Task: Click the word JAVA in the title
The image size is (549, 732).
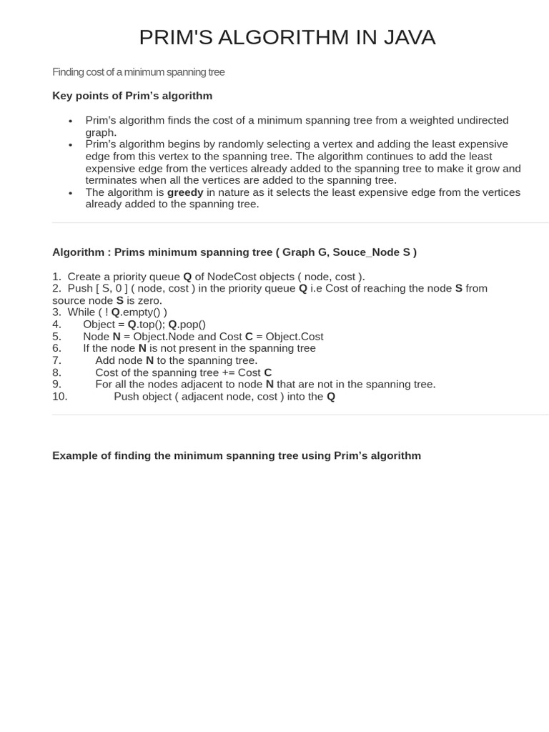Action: [x=408, y=37]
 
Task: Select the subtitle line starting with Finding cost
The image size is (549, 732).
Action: [x=138, y=72]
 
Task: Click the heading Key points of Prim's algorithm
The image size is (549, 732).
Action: [x=132, y=96]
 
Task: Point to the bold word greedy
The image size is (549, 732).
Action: [x=185, y=192]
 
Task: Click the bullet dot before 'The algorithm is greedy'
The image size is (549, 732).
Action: [x=71, y=193]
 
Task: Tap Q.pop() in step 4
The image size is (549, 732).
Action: [x=187, y=325]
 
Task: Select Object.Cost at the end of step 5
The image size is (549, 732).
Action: [x=295, y=337]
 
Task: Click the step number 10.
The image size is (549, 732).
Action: [x=59, y=397]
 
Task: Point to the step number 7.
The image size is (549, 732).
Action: [x=56, y=361]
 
